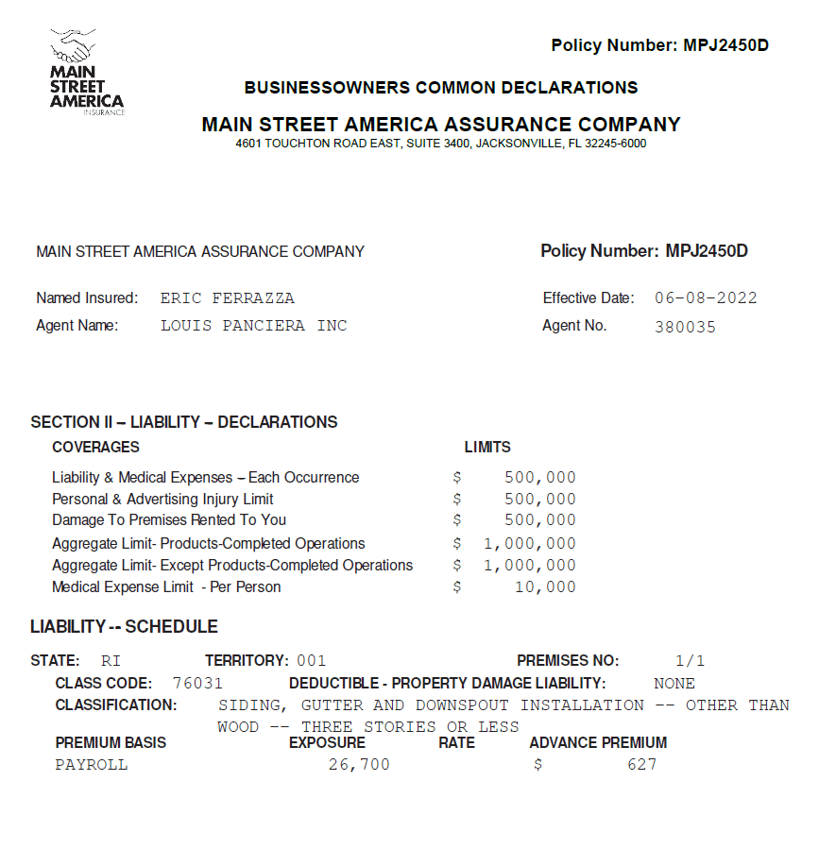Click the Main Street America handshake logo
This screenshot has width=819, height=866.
pos(86,72)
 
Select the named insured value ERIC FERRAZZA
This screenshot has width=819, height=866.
pos(227,298)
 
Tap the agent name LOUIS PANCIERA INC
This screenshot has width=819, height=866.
pos(253,326)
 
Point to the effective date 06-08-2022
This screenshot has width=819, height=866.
pos(706,298)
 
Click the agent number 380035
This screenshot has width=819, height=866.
pos(685,328)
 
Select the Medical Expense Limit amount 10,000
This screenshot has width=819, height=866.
pos(545,587)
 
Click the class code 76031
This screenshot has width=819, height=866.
pos(197,683)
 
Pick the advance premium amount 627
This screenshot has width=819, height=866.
pos(641,764)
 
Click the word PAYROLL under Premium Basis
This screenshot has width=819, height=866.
pos(92,764)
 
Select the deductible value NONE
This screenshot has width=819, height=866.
pos(674,683)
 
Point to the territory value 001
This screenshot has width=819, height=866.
pos(311,661)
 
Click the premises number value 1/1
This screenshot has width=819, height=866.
pos(690,661)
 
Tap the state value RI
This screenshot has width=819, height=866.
pos(111,661)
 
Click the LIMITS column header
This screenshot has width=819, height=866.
pos(487,447)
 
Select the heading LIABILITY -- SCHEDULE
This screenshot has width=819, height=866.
pos(124,626)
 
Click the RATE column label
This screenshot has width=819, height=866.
pos(456,742)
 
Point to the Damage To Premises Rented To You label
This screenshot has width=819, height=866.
pos(169,520)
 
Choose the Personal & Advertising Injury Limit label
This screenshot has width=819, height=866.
pos(162,499)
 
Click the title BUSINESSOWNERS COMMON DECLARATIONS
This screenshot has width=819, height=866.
pos(441,88)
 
